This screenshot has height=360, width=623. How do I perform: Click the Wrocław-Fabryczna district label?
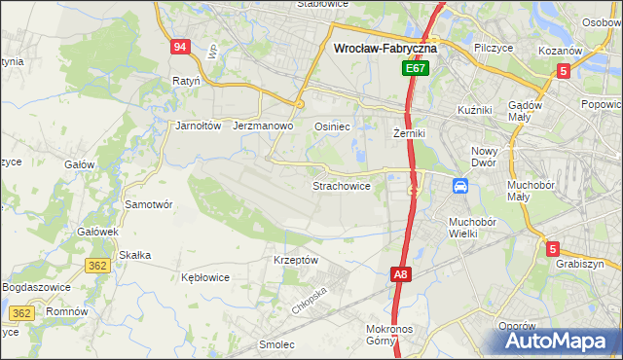[x=385, y=47]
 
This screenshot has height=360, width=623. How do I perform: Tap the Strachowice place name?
[x=341, y=185]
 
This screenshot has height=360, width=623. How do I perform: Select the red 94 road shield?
[x=179, y=47]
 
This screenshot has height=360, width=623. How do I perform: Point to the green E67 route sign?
[x=416, y=69]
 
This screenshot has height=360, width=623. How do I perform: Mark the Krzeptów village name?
[x=296, y=261]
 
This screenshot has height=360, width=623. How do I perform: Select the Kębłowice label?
[x=205, y=277]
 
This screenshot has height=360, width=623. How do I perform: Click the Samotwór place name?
[x=149, y=204]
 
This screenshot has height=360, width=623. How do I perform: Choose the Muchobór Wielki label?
[x=472, y=228]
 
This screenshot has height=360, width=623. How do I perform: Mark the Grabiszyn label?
[x=581, y=264]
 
